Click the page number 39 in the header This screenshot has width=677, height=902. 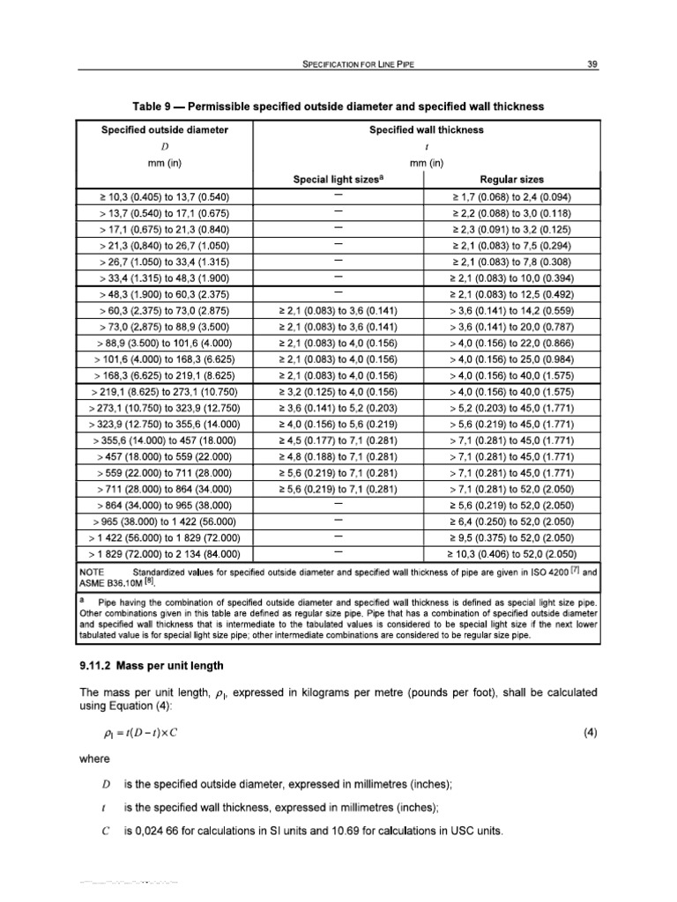click(592, 63)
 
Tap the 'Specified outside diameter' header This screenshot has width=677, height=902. click(165, 129)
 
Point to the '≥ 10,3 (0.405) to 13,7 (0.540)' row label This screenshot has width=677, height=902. click(165, 197)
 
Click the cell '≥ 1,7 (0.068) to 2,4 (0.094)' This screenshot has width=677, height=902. click(511, 197)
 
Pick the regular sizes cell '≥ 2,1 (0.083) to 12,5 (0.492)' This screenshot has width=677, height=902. click(511, 295)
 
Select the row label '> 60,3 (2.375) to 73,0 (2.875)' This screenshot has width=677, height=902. click(165, 311)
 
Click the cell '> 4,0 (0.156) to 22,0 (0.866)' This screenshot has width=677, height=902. click(511, 344)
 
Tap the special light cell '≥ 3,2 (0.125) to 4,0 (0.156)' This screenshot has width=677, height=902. click(338, 392)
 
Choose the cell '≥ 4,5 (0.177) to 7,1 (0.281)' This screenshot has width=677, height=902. click(338, 440)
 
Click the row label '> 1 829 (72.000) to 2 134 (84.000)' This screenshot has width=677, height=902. click(165, 555)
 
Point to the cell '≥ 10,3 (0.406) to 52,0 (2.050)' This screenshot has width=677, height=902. click(511, 555)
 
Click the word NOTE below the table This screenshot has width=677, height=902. click(93, 572)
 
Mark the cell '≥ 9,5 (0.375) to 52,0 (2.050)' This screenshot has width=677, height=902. click(511, 538)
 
